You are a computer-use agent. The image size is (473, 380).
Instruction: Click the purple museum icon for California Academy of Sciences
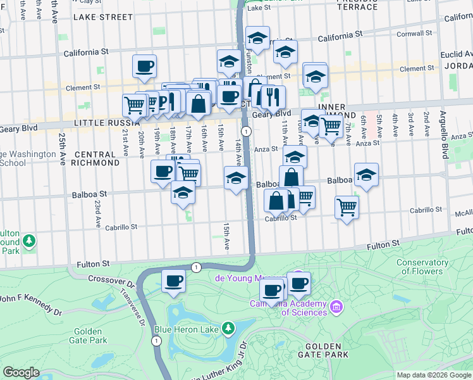click(336, 307)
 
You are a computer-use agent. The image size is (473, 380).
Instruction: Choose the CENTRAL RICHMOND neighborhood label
click(96, 158)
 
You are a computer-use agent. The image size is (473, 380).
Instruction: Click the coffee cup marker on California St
click(144, 65)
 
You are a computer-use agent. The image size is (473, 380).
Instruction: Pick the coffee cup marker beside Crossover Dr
click(173, 281)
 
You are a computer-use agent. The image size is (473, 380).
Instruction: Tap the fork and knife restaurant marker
click(273, 96)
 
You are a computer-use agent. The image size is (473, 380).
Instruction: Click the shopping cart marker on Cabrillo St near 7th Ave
click(347, 206)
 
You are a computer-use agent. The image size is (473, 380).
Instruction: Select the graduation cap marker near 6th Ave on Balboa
click(366, 174)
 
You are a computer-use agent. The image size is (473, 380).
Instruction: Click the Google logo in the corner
click(21, 372)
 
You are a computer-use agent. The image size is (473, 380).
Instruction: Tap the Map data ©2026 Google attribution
click(433, 375)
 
